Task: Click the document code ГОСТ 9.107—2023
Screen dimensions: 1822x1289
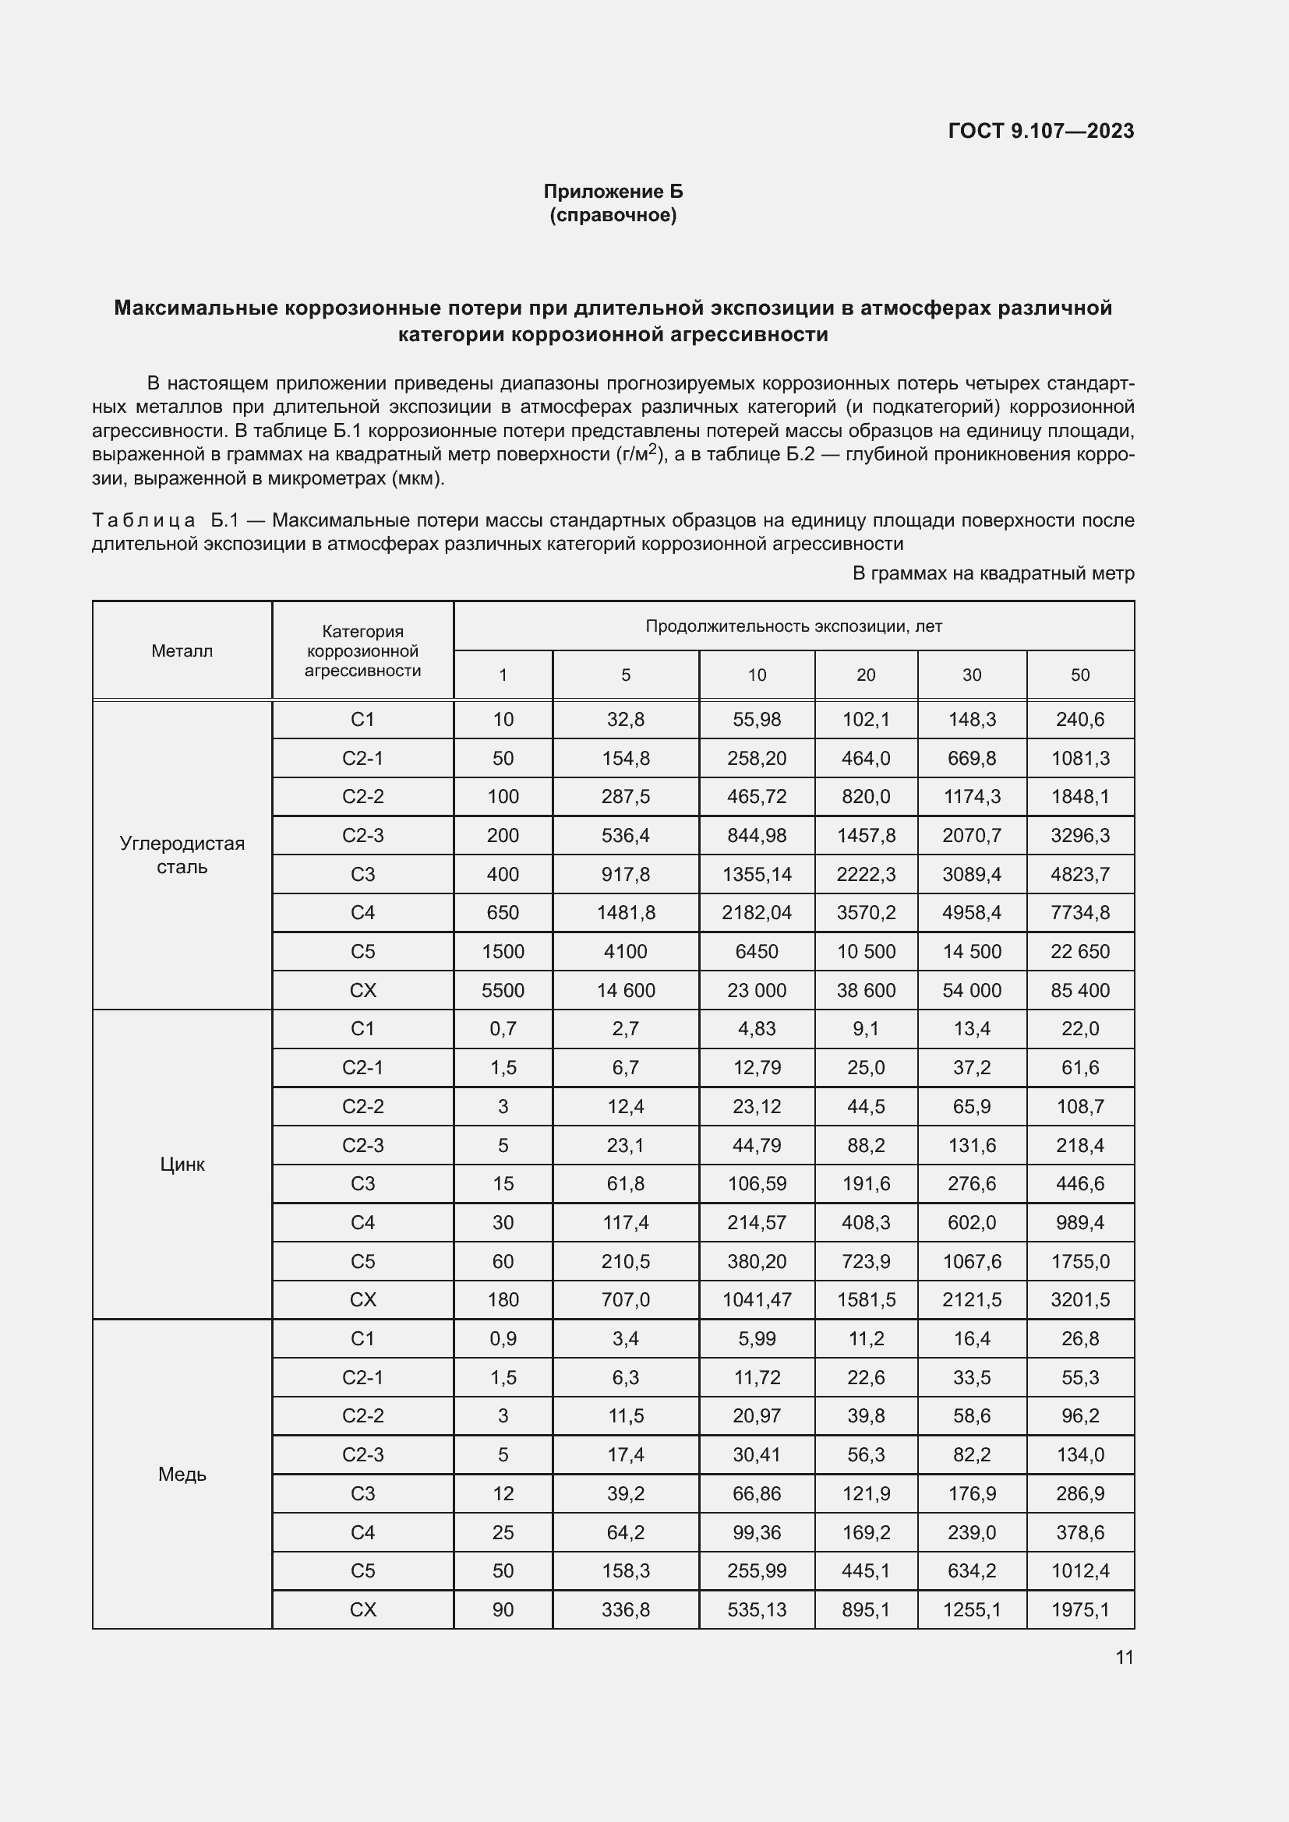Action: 1040,131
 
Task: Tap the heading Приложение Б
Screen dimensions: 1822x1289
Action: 613,192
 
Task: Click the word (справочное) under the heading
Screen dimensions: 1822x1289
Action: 613,215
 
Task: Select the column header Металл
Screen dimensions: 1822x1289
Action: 182,650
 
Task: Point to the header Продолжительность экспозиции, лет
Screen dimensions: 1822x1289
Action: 793,626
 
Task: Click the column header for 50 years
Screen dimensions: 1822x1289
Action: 1079,675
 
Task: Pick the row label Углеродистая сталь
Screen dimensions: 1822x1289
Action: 182,855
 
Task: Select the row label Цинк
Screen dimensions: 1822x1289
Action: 182,1164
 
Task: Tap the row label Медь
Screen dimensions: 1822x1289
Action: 182,1474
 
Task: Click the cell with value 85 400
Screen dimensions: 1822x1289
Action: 1079,990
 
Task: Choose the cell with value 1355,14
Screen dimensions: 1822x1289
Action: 757,874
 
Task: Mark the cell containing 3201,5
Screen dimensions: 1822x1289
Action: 1079,1300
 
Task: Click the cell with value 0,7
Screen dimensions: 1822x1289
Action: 503,1028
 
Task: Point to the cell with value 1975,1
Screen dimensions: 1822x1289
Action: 1079,1609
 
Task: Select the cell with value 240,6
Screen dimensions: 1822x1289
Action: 1079,719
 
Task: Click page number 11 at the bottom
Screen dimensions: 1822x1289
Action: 1124,1657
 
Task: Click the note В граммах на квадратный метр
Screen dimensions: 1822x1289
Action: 993,573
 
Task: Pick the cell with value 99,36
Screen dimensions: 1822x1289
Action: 757,1532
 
